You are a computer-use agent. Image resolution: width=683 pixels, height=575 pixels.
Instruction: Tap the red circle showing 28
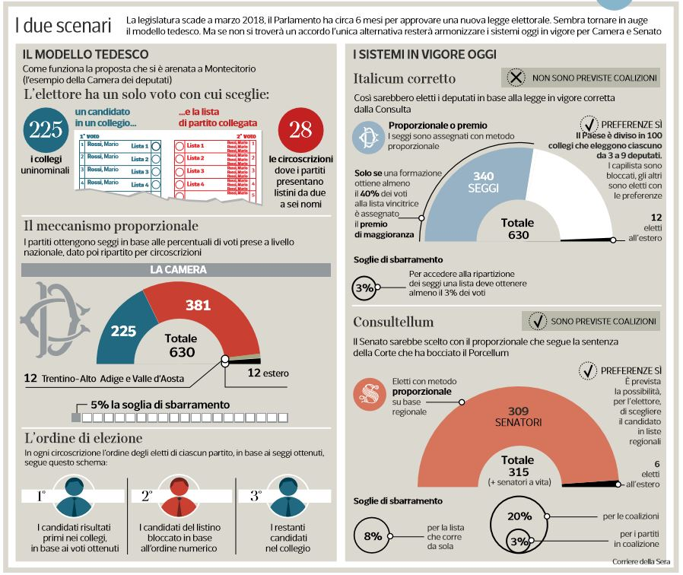pos(300,129)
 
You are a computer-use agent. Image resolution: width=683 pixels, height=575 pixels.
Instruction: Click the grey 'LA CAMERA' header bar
pos(176,270)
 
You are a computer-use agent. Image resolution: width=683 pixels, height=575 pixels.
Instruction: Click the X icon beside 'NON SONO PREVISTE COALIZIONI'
pos(516,78)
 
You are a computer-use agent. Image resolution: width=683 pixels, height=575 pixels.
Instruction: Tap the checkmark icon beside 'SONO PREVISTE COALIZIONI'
pos(537,321)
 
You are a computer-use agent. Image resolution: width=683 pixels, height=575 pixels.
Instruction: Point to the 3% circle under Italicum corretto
pos(364,289)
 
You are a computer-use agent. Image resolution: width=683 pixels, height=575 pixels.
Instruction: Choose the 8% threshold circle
pos(373,535)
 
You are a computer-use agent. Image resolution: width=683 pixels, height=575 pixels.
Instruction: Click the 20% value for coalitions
pos(519,516)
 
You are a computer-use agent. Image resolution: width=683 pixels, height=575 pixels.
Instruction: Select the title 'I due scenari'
pos(63,24)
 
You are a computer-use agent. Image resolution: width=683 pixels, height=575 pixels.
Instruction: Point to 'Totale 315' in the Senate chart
pos(517,465)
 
